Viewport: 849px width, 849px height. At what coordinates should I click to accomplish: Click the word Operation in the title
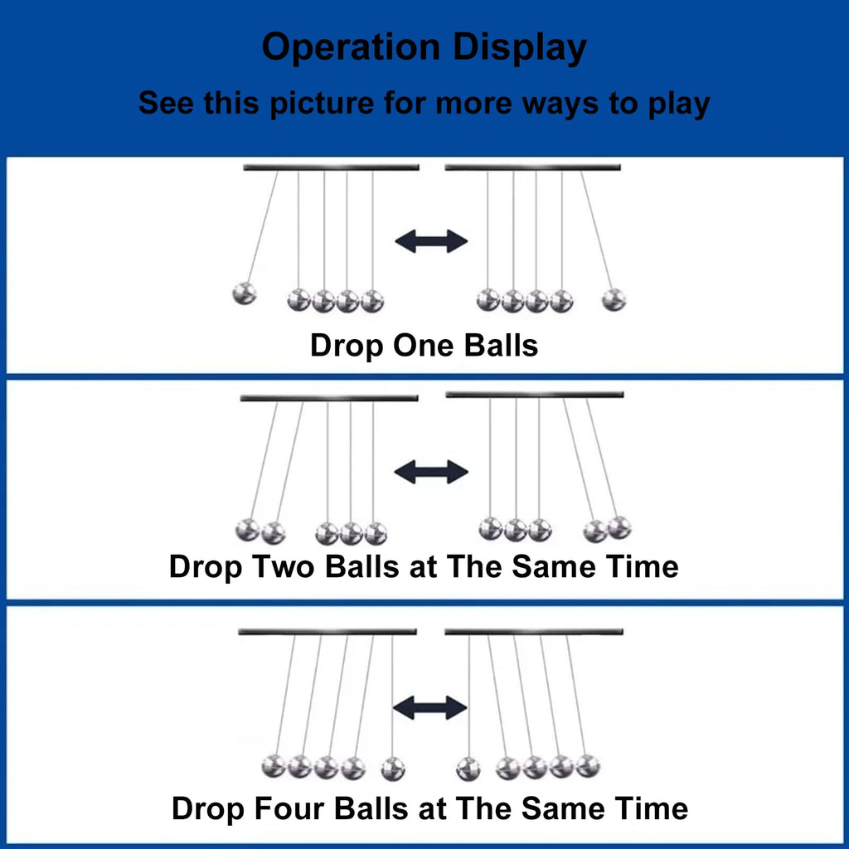tap(351, 47)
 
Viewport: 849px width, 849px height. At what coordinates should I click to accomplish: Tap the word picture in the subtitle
tap(322, 103)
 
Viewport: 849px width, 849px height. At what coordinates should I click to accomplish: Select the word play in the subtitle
tap(679, 104)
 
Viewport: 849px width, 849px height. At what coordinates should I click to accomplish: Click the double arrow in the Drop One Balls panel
tap(431, 241)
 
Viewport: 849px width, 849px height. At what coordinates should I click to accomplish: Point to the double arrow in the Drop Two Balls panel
tap(431, 472)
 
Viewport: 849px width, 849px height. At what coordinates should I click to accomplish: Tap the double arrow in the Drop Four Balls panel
tap(430, 708)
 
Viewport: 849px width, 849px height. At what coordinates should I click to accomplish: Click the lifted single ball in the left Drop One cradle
tap(245, 294)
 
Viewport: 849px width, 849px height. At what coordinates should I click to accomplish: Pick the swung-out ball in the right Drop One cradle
tap(614, 299)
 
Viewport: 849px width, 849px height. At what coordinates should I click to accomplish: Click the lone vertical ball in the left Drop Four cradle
tap(393, 769)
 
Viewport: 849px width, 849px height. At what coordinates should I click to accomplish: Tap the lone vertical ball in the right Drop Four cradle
tap(468, 769)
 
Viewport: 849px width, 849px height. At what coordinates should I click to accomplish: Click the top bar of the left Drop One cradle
tap(331, 167)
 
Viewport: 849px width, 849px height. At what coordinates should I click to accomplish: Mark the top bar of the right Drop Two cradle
tap(535, 395)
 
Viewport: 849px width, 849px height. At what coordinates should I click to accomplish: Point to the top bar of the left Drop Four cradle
tap(327, 631)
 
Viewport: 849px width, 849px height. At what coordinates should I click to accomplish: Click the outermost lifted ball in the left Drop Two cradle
tap(247, 530)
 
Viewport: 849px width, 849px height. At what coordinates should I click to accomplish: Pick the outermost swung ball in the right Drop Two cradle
tap(619, 527)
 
